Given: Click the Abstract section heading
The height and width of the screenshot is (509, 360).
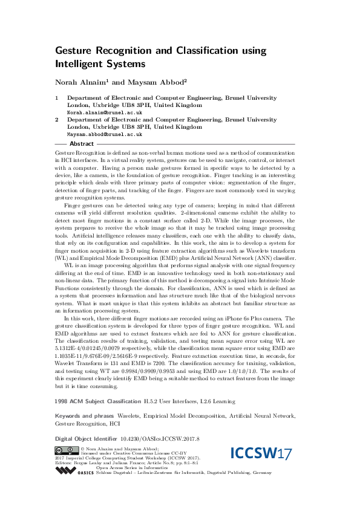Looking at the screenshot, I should (82, 144).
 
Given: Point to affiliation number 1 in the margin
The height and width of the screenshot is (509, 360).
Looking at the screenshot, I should (57, 97).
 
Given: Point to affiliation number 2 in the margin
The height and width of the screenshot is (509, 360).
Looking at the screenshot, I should (57, 120).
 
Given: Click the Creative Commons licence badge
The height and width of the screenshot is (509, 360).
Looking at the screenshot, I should (66, 466).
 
